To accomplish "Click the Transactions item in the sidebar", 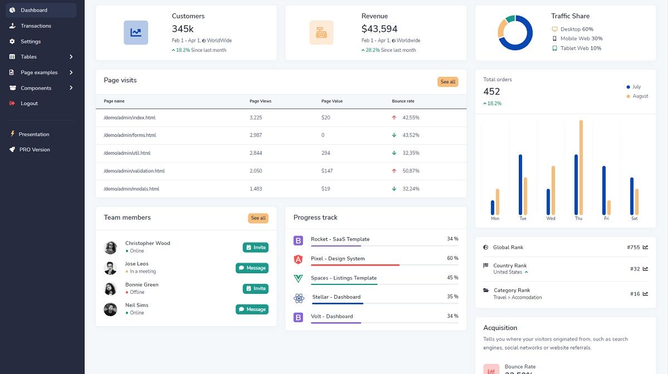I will pyautogui.click(x=36, y=26).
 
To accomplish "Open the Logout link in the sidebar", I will pyautogui.click(x=29, y=104).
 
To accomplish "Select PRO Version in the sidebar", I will pyautogui.click(x=35, y=150).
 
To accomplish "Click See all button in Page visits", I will pyautogui.click(x=448, y=82).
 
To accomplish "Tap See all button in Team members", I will pyautogui.click(x=258, y=218).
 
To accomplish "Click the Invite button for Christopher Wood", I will pyautogui.click(x=256, y=248).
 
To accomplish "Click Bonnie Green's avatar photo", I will pyautogui.click(x=110, y=289).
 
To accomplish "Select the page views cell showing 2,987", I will pyautogui.click(x=256, y=135).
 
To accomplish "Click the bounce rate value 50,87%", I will pyautogui.click(x=411, y=171).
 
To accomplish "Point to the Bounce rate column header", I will pyautogui.click(x=403, y=101).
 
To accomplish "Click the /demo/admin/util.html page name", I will pyautogui.click(x=127, y=153).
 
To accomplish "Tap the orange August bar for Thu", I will pyautogui.click(x=581, y=167).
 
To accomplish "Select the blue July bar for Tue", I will pyautogui.click(x=520, y=184).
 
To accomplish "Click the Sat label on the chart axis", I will pyautogui.click(x=634, y=219).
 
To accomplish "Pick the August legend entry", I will pyautogui.click(x=640, y=96).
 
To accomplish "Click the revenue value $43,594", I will pyautogui.click(x=379, y=29).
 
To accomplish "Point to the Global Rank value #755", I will pyautogui.click(x=633, y=247).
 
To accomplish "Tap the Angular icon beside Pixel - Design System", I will pyautogui.click(x=298, y=259).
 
